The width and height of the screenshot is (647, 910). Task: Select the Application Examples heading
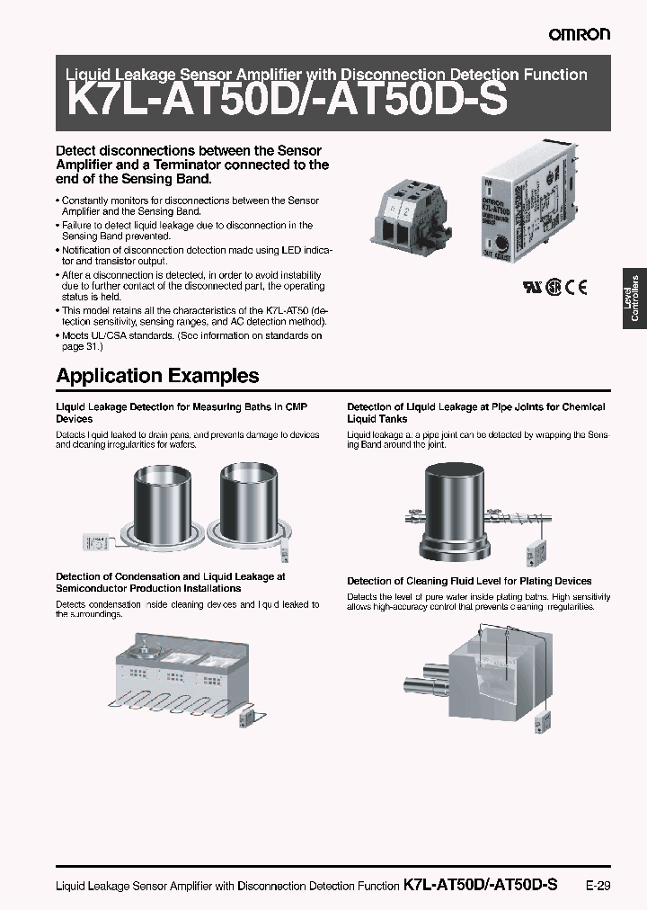(x=157, y=375)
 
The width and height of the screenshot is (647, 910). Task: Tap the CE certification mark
(x=577, y=289)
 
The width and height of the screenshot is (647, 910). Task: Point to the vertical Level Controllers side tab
(x=634, y=298)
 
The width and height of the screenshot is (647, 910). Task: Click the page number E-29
(x=598, y=885)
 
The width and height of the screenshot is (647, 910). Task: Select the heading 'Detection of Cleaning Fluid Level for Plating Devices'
(x=469, y=581)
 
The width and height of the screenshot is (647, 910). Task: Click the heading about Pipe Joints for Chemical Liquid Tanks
(x=475, y=413)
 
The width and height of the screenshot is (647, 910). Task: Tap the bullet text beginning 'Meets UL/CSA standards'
(x=189, y=341)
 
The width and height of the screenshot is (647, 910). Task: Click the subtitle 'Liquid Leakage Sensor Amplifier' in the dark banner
(x=322, y=76)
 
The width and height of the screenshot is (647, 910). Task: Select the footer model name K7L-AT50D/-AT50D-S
(x=481, y=885)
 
